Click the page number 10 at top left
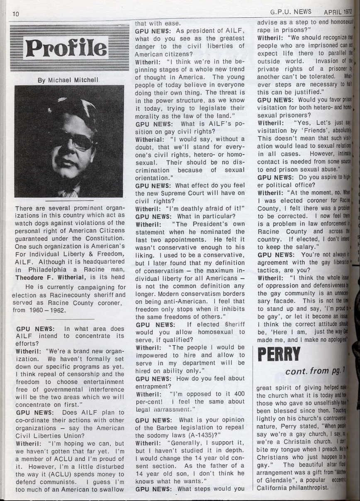[16, 14]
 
